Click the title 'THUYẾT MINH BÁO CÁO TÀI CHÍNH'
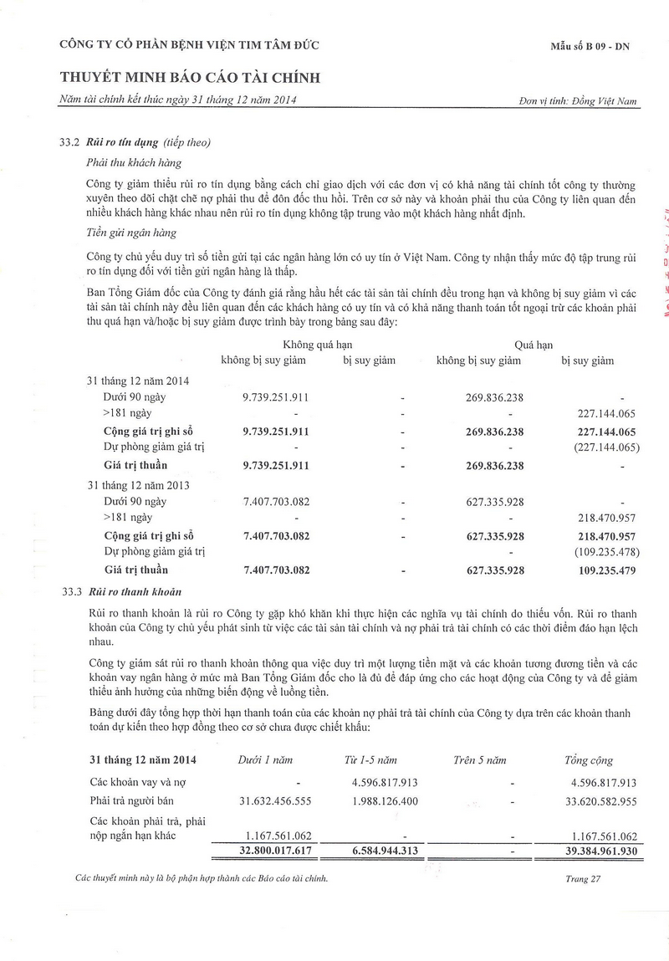tap(191, 79)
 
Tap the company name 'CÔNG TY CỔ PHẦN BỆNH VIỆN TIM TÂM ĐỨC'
tap(189, 45)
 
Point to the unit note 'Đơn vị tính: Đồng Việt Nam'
tap(578, 101)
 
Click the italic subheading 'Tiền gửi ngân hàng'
tap(130, 233)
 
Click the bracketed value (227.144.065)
tap(605, 447)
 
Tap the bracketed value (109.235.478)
tap(605, 552)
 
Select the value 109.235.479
tap(606, 570)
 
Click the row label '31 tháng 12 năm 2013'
tap(138, 484)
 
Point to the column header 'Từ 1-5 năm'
tap(370, 760)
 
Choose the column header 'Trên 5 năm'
tap(480, 760)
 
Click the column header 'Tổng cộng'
tap(589, 760)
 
